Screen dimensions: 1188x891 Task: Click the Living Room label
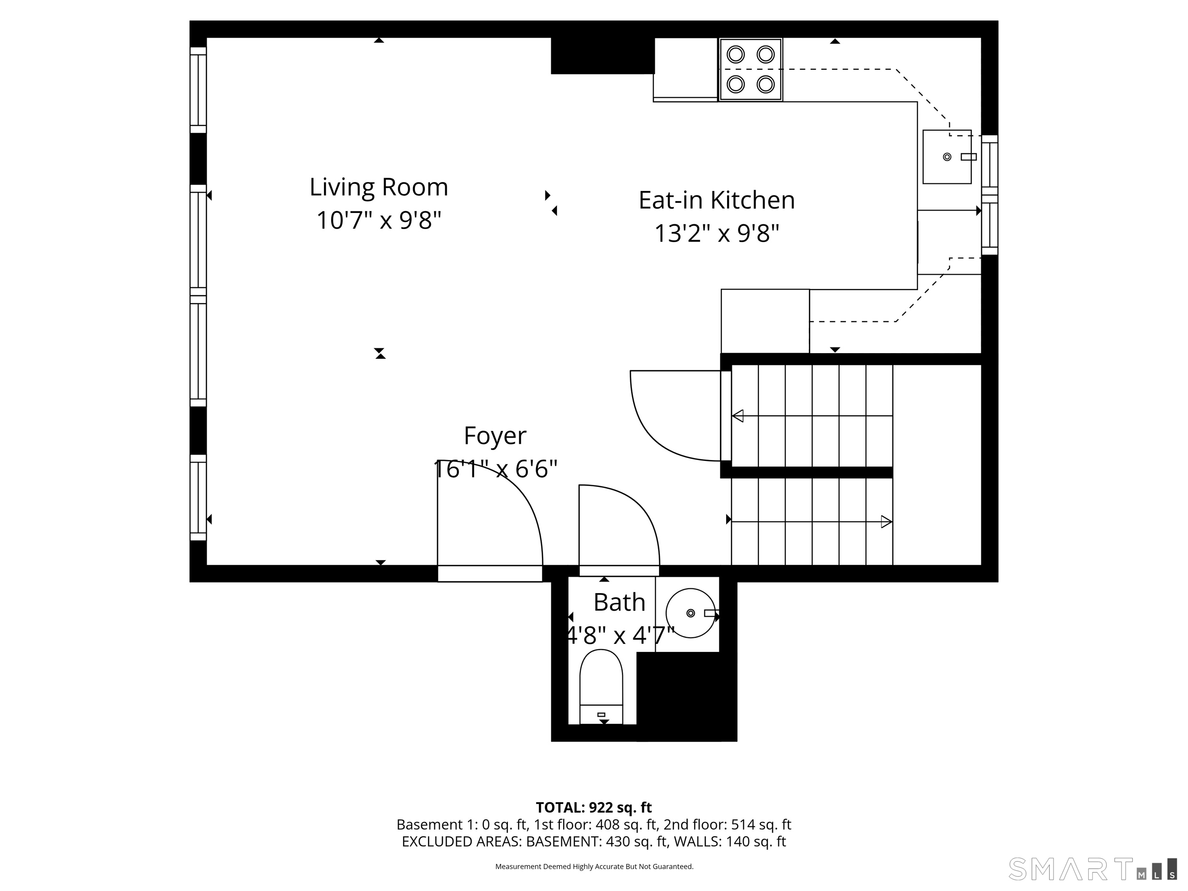(379, 187)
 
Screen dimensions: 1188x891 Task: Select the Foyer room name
(495, 436)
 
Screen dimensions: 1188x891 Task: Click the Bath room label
(619, 602)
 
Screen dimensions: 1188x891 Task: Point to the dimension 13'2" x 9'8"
(717, 233)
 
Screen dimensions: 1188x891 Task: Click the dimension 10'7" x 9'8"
(379, 220)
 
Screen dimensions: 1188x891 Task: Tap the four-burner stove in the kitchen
(751, 69)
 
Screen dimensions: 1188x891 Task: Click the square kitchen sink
(947, 157)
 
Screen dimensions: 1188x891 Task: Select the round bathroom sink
(690, 613)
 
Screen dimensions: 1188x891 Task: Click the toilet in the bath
(601, 687)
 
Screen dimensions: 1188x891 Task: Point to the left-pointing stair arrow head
(738, 416)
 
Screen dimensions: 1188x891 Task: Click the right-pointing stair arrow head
(887, 521)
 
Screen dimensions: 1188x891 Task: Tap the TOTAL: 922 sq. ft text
(594, 807)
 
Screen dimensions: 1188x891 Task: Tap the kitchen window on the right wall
(989, 195)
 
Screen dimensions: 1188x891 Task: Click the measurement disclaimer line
(594, 866)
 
